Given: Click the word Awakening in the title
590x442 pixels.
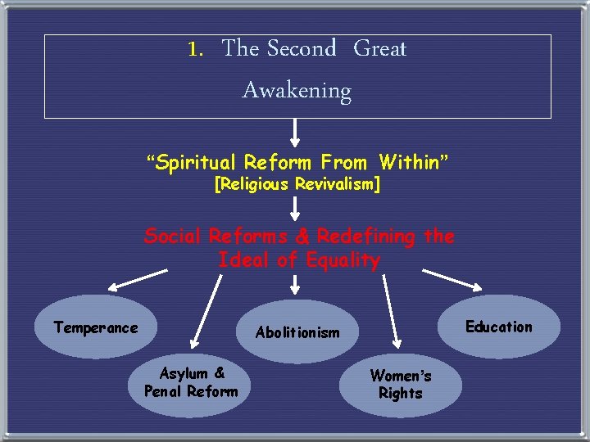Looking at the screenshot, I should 297,90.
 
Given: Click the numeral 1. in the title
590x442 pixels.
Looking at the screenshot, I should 195,49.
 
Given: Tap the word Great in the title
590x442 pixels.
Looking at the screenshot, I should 379,49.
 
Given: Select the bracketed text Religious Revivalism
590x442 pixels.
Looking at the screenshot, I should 297,185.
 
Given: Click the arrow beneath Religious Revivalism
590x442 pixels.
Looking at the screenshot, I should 296,209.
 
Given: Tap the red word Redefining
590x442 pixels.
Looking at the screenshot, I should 366,237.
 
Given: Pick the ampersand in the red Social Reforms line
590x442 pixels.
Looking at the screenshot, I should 301,237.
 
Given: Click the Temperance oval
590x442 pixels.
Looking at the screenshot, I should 96,327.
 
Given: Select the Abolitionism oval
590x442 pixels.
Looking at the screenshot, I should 297,331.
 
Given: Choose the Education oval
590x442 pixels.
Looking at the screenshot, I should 498,327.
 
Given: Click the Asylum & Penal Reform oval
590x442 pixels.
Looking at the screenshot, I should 191,383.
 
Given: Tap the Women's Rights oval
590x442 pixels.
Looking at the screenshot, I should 400,385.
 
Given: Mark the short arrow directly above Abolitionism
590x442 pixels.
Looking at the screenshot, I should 296,285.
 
